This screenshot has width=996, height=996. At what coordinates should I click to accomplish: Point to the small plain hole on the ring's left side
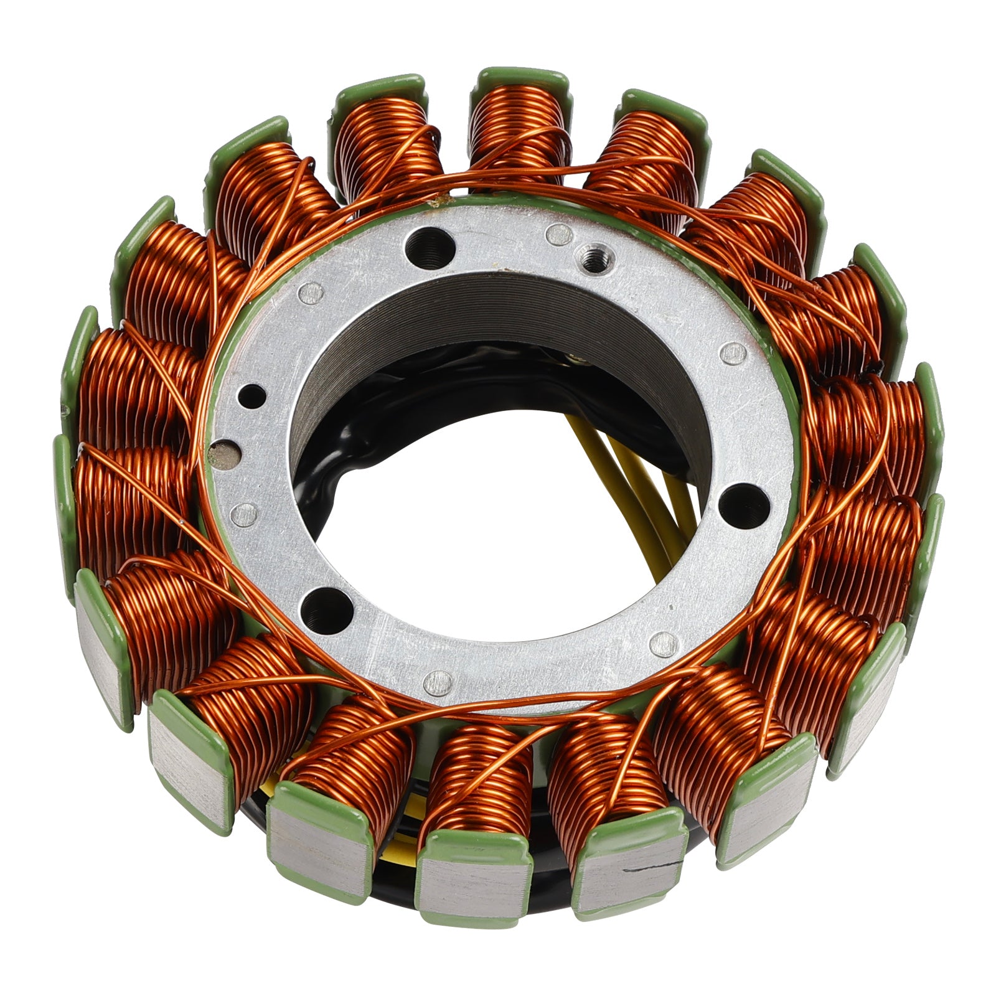(x=252, y=395)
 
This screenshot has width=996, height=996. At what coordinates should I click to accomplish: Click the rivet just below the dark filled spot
(x=243, y=514)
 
